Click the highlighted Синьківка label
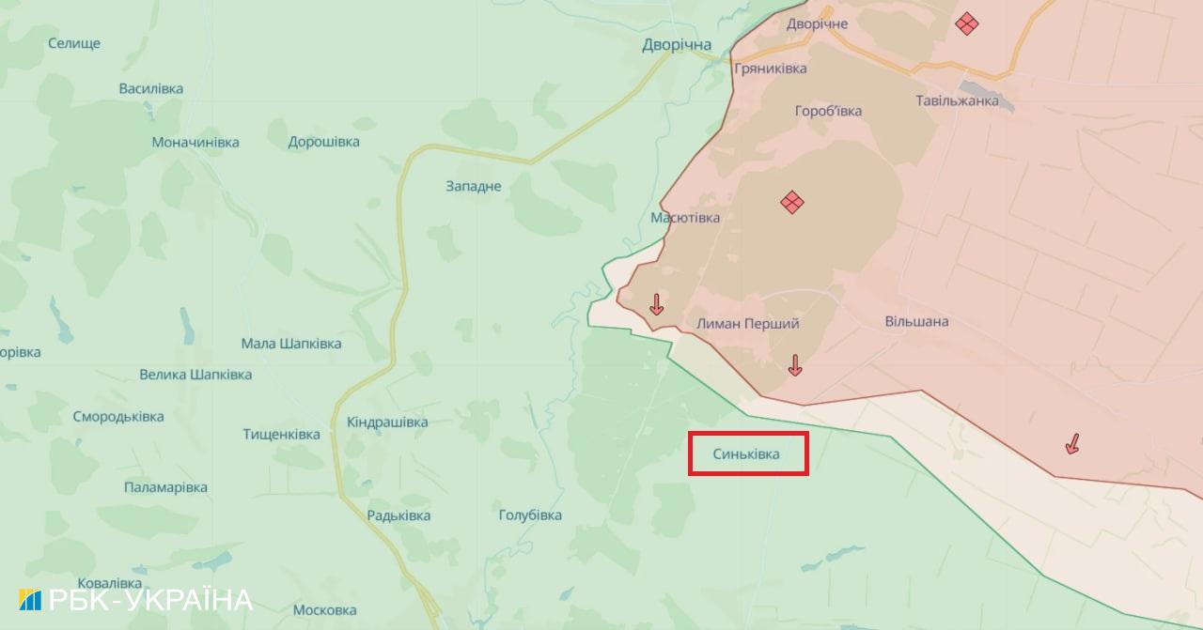click(747, 454)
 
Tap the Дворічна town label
click(677, 45)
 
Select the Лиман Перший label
click(748, 323)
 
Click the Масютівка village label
click(685, 218)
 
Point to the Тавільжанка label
click(957, 100)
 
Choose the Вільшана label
click(916, 321)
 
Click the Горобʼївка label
click(828, 111)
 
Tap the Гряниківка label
click(771, 69)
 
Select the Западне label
click(474, 186)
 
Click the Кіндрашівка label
click(387, 423)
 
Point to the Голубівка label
click(530, 515)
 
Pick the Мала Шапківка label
click(291, 344)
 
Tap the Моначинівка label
click(195, 143)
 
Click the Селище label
click(74, 43)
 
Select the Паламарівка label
click(165, 487)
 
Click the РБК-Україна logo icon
click(30, 600)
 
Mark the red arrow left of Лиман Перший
click(656, 303)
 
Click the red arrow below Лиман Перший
click(795, 365)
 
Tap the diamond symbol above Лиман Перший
click(792, 201)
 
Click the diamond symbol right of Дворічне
click(966, 23)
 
